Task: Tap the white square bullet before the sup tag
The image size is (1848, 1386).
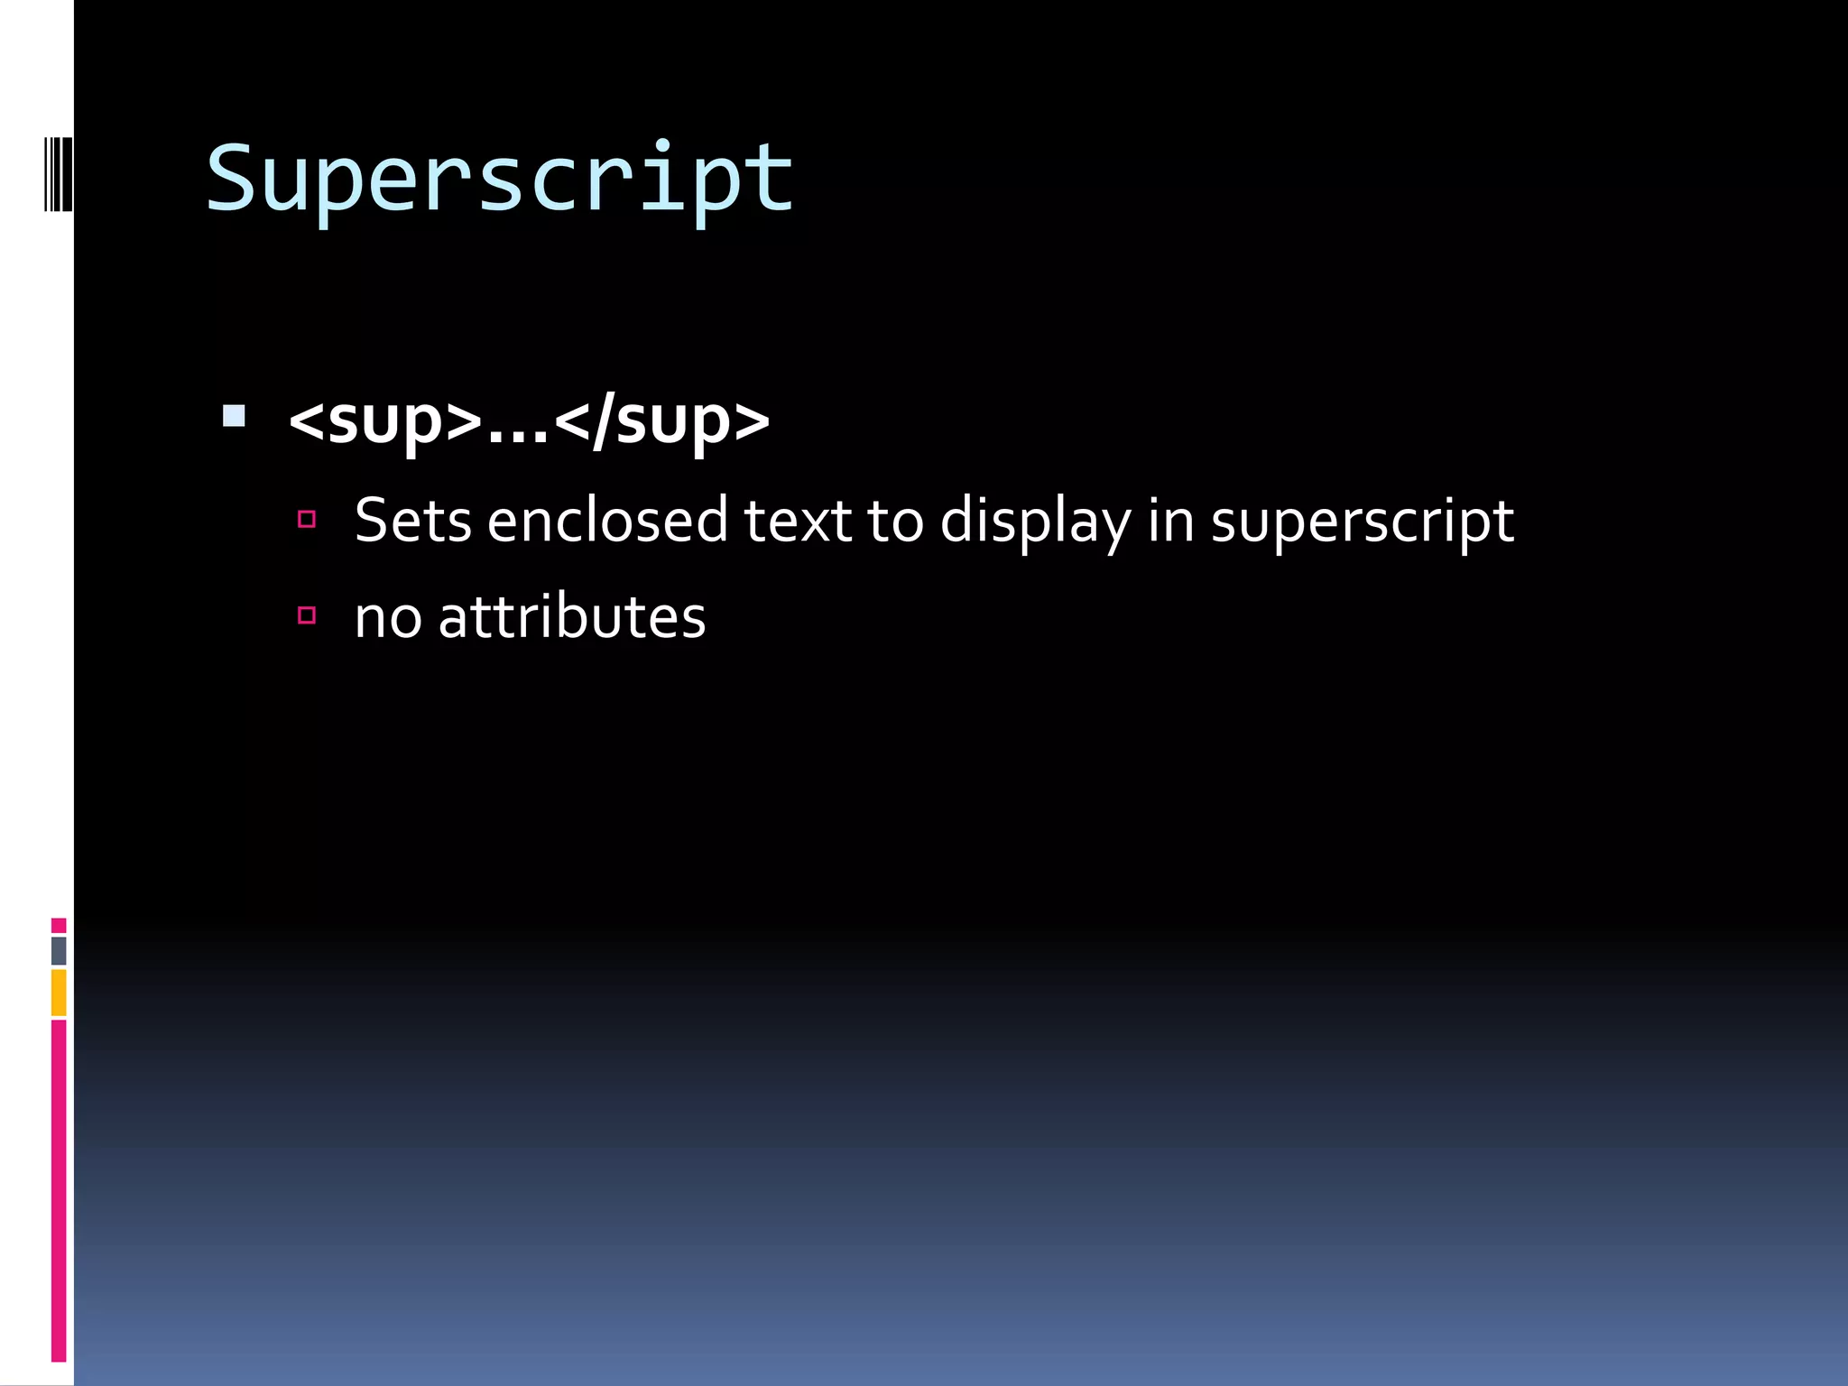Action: click(x=234, y=416)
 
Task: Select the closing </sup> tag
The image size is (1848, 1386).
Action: click(x=661, y=420)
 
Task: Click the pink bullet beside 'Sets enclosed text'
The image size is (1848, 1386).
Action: click(x=307, y=519)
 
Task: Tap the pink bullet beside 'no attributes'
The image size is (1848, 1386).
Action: click(x=307, y=615)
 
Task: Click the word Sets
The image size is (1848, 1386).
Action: click(x=412, y=521)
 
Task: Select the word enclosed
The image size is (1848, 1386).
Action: click(x=606, y=521)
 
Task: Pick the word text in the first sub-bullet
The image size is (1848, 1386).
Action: click(x=797, y=521)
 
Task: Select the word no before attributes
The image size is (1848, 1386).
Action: click(x=388, y=619)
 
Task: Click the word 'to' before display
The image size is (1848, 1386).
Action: click(x=895, y=522)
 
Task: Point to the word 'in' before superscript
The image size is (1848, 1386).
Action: click(x=1170, y=521)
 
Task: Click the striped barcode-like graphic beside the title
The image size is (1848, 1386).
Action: click(x=58, y=174)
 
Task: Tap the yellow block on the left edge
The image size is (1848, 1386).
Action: click(x=59, y=992)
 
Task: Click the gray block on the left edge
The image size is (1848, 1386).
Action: click(x=59, y=950)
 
